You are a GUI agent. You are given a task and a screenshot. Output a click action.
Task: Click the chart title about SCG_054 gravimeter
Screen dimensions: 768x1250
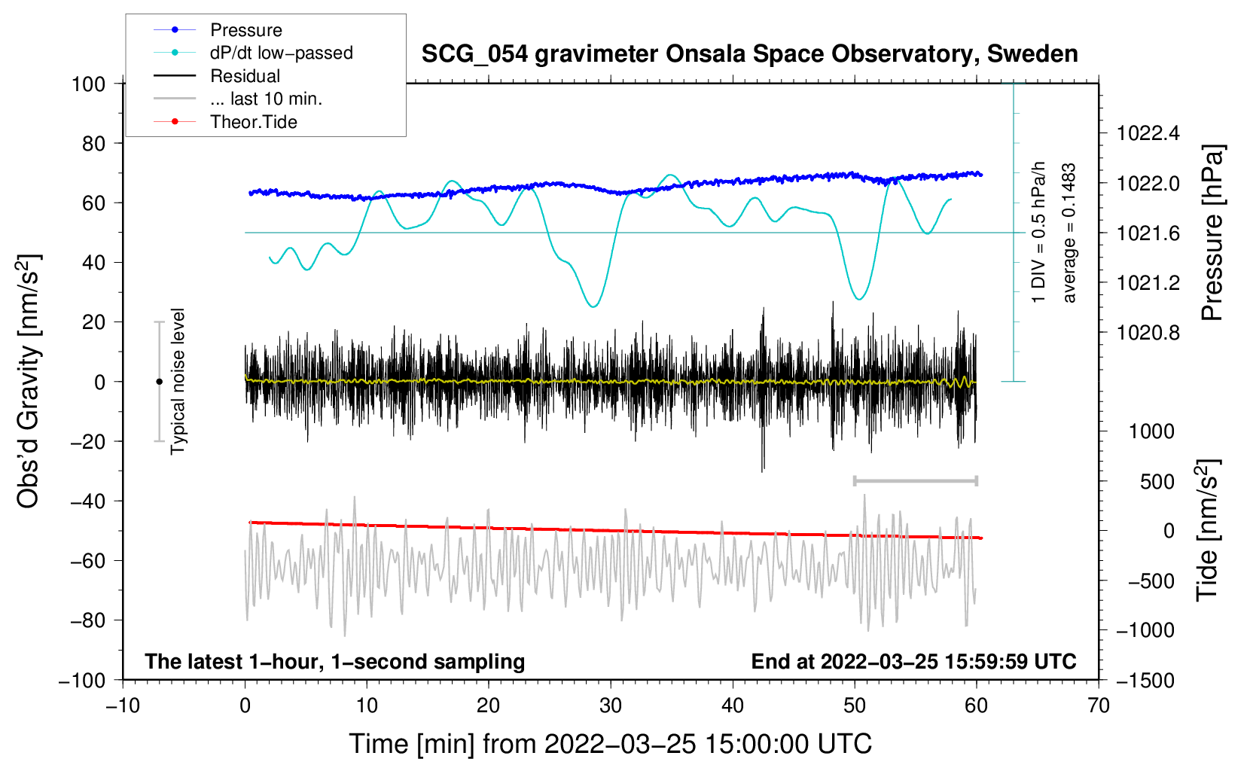(x=749, y=54)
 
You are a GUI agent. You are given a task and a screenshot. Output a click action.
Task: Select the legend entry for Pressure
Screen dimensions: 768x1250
(x=245, y=30)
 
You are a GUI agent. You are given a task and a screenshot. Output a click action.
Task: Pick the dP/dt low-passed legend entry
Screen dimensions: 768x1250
(x=281, y=53)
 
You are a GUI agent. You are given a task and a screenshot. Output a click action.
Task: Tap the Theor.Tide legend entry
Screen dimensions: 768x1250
(x=253, y=122)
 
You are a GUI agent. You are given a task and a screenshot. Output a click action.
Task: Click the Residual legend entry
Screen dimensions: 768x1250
(x=245, y=76)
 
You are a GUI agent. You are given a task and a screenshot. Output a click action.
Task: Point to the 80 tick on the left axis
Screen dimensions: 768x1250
(x=93, y=143)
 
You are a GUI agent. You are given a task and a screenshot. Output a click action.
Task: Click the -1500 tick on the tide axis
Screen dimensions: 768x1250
(x=1145, y=680)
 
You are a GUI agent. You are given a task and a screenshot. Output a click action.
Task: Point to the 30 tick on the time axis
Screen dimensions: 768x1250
(x=611, y=706)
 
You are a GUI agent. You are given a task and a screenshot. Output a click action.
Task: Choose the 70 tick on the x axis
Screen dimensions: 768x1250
(x=1099, y=706)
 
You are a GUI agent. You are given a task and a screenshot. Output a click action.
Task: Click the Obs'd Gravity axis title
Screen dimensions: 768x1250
(x=28, y=381)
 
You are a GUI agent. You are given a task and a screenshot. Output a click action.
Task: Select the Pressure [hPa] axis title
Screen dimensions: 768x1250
(x=1212, y=233)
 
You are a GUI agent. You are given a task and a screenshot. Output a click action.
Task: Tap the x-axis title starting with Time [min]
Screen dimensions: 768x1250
(x=610, y=744)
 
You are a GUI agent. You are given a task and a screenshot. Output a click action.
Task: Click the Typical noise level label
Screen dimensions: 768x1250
(x=178, y=381)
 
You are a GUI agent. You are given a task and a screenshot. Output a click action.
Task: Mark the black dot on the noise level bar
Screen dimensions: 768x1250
(x=159, y=382)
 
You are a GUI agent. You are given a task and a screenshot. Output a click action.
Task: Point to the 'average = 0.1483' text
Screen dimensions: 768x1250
(x=1069, y=233)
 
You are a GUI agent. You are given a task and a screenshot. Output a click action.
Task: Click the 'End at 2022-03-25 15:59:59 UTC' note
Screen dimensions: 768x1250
(x=913, y=661)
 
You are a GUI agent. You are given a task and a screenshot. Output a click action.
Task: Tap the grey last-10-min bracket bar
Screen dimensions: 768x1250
(x=915, y=480)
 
